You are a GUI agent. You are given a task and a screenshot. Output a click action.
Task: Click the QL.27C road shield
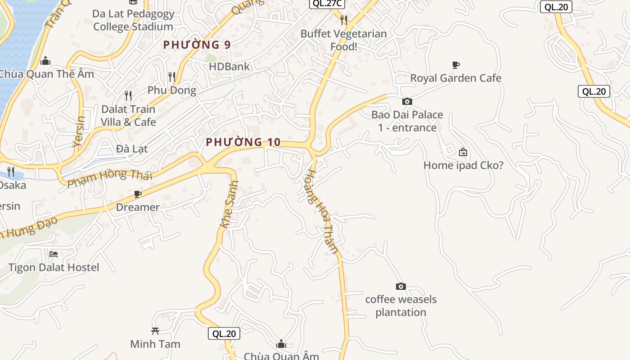pos(327,4)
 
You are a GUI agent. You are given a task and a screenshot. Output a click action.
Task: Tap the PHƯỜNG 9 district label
pos(197,45)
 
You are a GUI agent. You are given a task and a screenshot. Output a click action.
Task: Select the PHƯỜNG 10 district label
pos(243,142)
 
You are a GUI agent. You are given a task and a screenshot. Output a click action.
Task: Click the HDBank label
pos(229,67)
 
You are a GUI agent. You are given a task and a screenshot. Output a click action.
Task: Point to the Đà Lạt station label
pos(132,148)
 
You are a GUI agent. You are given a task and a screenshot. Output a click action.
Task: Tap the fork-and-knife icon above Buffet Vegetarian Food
pos(344,20)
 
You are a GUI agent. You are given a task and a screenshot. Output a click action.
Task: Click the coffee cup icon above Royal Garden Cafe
pos(456,65)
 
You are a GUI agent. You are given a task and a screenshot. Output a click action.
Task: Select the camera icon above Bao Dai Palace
pos(407,101)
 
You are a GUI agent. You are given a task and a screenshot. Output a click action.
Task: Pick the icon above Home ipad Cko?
pos(463,152)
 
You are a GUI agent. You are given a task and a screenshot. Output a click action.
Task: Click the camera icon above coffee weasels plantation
pos(400,286)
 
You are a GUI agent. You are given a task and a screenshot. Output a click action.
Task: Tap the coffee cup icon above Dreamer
pos(138,194)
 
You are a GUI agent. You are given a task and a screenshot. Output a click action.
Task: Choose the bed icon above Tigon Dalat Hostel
pos(54,254)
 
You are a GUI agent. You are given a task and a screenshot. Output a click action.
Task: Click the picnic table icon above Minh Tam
pos(155,331)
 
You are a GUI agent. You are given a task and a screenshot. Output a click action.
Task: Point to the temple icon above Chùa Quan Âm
pos(281,344)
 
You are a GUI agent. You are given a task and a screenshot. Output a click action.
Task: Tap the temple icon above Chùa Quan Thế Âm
pos(45,61)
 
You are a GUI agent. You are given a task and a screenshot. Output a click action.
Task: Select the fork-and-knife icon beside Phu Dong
pos(171,76)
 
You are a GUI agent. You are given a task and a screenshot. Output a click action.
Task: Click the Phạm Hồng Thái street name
pos(110,178)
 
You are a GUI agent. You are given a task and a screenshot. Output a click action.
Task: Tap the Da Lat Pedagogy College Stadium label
pos(133,20)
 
